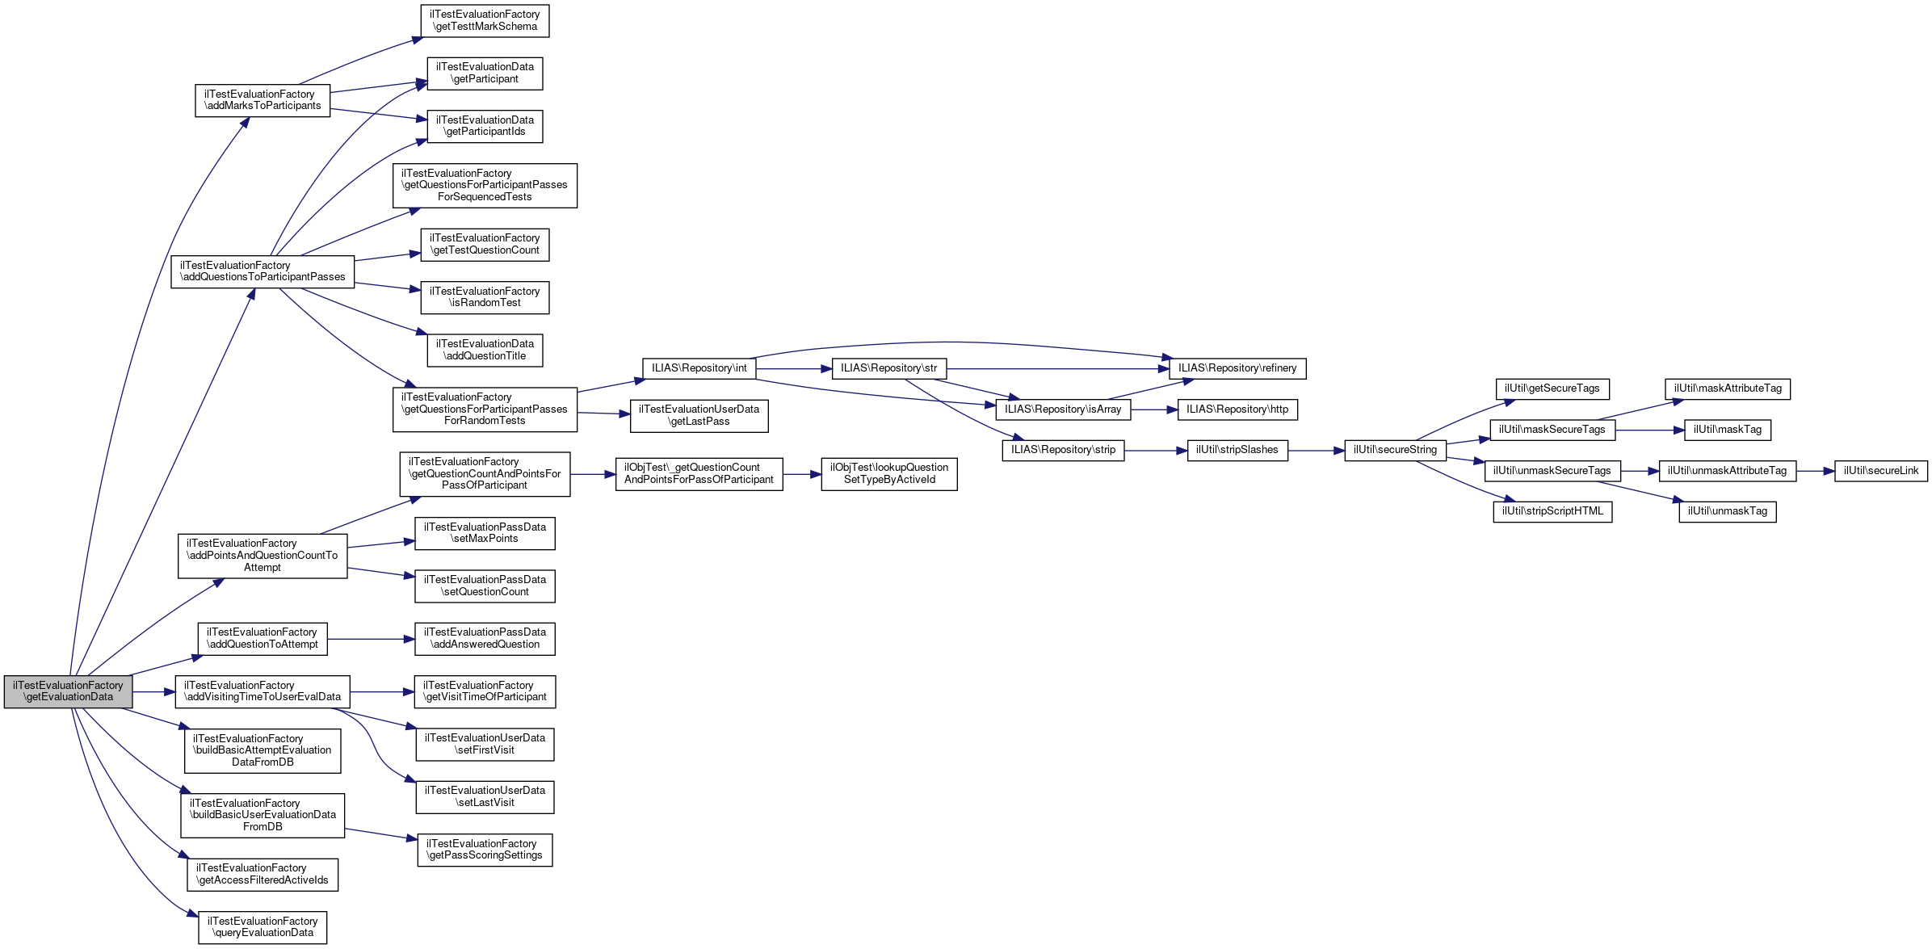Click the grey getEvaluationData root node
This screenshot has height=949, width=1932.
tap(68, 691)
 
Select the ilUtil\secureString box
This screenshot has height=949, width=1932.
tap(1395, 450)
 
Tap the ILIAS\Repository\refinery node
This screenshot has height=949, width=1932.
tap(1237, 368)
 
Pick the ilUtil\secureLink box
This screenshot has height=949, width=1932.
tap(1880, 471)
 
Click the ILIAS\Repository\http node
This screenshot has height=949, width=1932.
tap(1237, 409)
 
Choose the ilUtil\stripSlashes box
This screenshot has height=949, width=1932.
tap(1237, 450)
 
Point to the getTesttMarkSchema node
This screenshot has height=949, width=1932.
tap(485, 20)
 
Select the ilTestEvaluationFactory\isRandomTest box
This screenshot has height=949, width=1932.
tap(485, 297)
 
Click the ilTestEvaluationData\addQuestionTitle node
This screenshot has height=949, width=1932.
tap(485, 350)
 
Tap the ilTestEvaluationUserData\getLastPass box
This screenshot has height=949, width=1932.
tap(699, 415)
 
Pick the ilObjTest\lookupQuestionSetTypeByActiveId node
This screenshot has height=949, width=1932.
tap(888, 473)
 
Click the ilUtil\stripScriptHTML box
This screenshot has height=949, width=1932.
tap(1552, 511)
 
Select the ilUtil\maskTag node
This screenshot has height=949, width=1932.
tap(1727, 430)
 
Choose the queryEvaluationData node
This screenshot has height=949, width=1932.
tap(262, 927)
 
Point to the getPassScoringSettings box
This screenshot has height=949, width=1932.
tap(485, 850)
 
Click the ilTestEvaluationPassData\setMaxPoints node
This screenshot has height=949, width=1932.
tap(485, 533)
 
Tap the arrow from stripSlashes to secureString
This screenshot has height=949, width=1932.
tap(1316, 451)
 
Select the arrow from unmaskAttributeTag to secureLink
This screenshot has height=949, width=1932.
tap(1815, 471)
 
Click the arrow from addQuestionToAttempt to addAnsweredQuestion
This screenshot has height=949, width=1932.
tap(371, 639)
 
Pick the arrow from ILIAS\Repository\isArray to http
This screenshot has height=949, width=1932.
tap(1154, 409)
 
